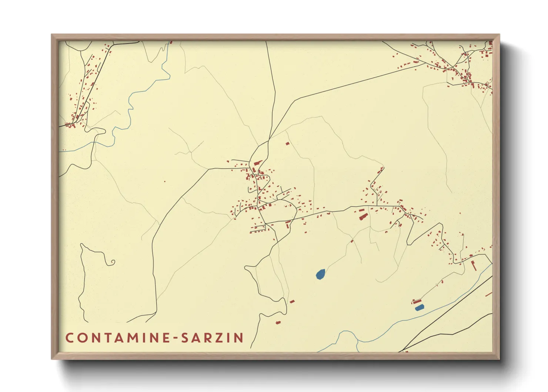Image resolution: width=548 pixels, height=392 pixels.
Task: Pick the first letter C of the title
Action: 69,338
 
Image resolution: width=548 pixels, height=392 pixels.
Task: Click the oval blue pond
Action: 321,274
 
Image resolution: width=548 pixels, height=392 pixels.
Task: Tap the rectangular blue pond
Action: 419,308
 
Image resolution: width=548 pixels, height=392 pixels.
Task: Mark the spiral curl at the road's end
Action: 112,263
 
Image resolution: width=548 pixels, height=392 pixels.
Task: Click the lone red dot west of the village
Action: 165,181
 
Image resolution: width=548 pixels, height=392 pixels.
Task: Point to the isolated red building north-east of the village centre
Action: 287,143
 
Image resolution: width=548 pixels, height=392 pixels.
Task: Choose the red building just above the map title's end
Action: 278,323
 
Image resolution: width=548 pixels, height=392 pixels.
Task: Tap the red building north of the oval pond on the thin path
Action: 352,241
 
